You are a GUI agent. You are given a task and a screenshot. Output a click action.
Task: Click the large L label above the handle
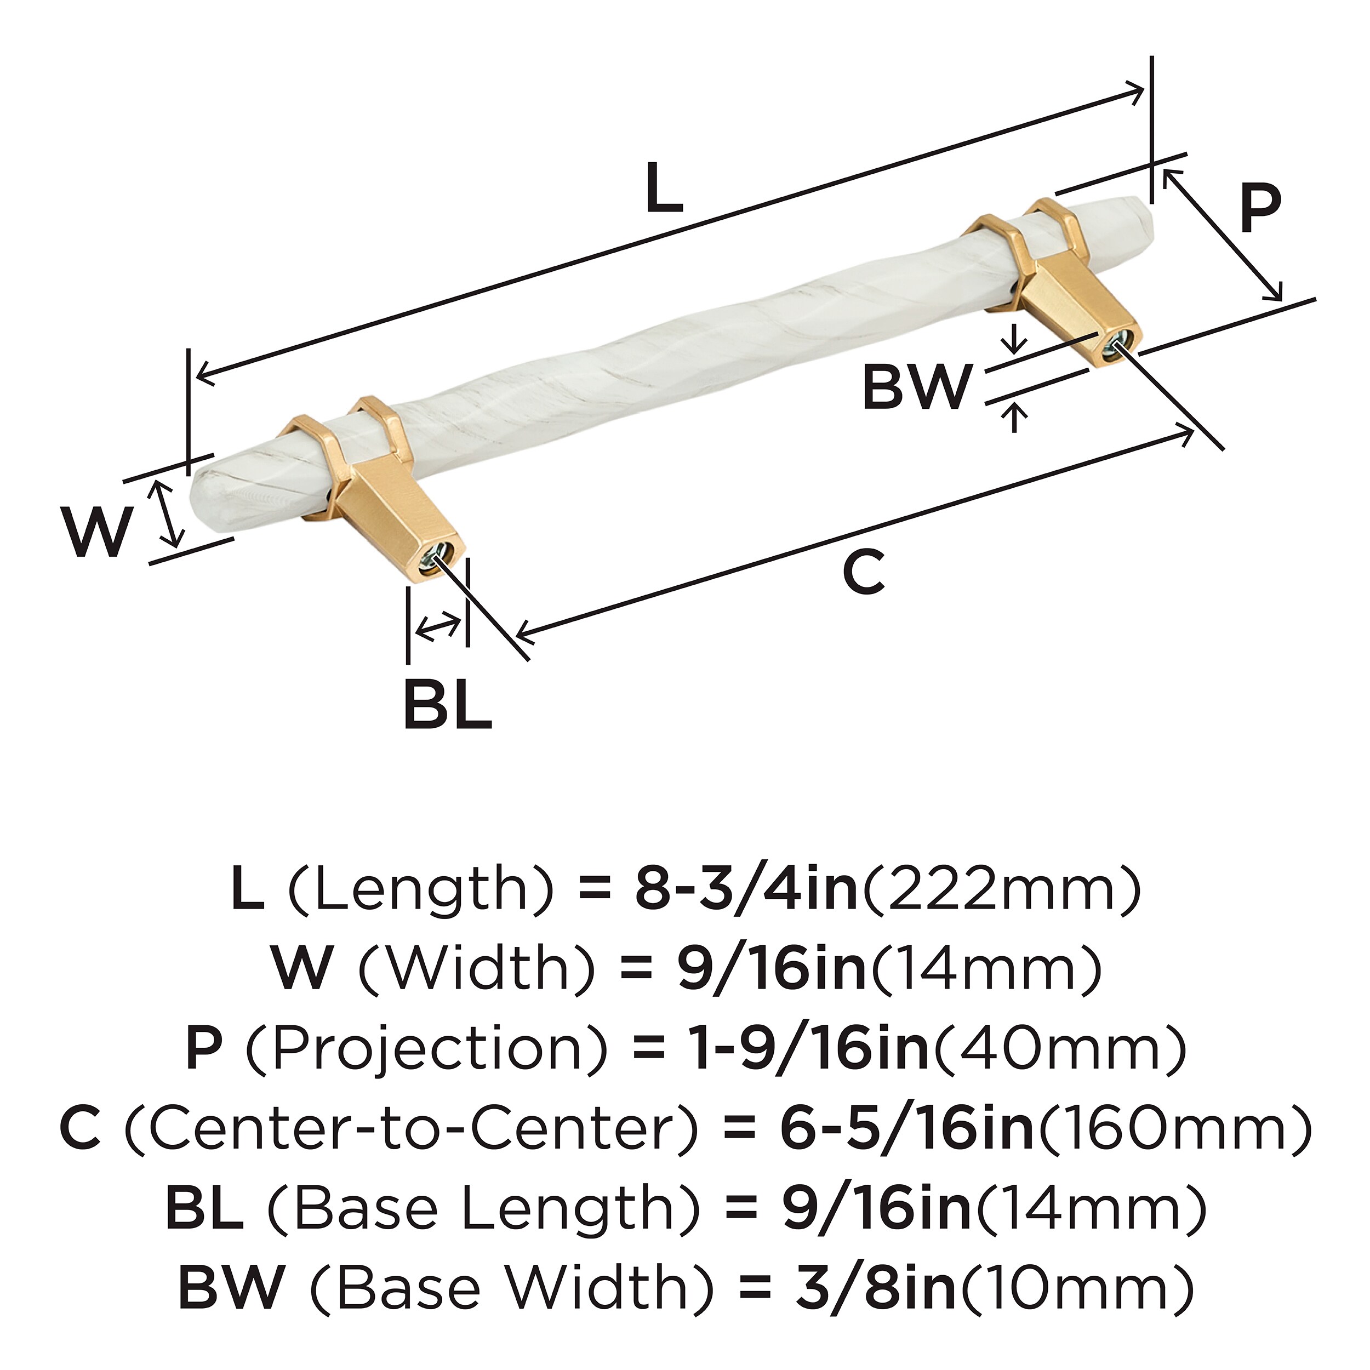coord(664,188)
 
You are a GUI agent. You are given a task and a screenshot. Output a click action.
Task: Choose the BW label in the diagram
coord(916,387)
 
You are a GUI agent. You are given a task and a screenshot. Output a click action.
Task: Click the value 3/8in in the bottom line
coord(875,1288)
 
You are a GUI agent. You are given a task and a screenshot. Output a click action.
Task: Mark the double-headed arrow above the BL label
coord(437,627)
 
